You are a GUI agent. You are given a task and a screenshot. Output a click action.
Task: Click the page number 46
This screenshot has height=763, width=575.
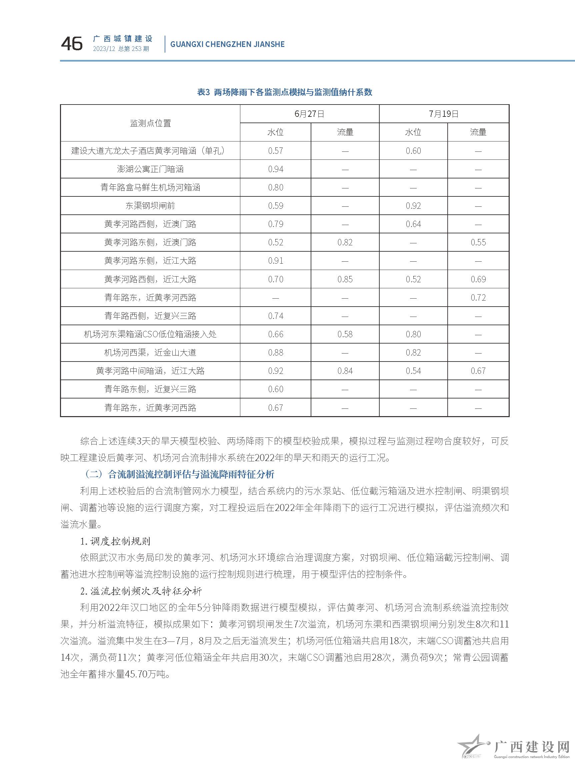[72, 44]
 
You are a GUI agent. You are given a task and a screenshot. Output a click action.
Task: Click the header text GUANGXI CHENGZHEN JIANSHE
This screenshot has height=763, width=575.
[227, 44]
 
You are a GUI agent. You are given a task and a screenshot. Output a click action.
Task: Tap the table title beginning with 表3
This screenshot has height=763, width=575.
[285, 92]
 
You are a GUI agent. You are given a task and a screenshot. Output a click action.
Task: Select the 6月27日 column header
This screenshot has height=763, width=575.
[309, 114]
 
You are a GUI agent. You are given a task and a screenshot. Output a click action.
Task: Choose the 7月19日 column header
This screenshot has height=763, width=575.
[444, 114]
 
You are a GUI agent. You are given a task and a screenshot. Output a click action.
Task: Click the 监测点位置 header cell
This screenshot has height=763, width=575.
[150, 123]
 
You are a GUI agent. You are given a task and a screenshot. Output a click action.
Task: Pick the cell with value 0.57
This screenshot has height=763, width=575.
[276, 151]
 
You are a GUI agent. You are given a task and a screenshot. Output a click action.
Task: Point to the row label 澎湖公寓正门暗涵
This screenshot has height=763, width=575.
[150, 169]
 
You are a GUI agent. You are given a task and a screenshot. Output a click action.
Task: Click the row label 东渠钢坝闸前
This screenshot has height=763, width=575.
[150, 206]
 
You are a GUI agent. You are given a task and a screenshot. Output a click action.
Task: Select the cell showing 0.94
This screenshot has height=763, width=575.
[276, 169]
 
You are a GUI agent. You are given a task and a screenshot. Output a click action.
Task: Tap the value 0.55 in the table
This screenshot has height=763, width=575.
[478, 242]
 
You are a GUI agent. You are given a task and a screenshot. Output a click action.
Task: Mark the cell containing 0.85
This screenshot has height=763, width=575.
[345, 279]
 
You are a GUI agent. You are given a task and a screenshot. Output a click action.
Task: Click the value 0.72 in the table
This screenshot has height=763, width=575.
[478, 298]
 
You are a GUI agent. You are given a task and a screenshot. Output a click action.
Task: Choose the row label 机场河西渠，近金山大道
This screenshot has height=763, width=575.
[150, 353]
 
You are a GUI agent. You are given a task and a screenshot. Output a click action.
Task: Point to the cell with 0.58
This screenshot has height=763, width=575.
[345, 334]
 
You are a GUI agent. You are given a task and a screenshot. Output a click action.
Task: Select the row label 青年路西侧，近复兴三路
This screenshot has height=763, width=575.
[150, 316]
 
